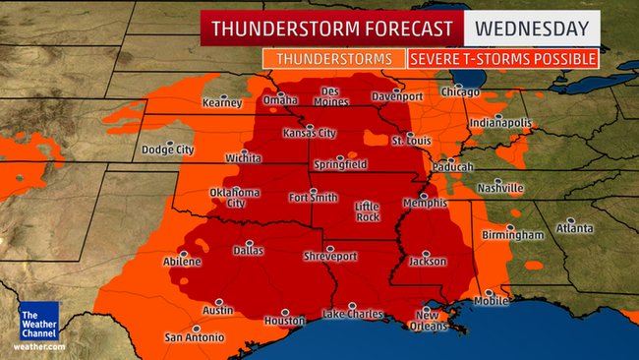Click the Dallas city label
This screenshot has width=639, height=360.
[x=249, y=252]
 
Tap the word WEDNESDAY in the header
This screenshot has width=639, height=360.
[x=533, y=28]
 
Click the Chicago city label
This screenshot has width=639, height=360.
[x=461, y=92]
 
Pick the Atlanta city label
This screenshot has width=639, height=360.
[x=573, y=228]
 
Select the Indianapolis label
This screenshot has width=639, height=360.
[x=499, y=123]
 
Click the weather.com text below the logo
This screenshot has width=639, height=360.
[x=38, y=346]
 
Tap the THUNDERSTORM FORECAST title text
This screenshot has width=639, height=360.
[x=332, y=28]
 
